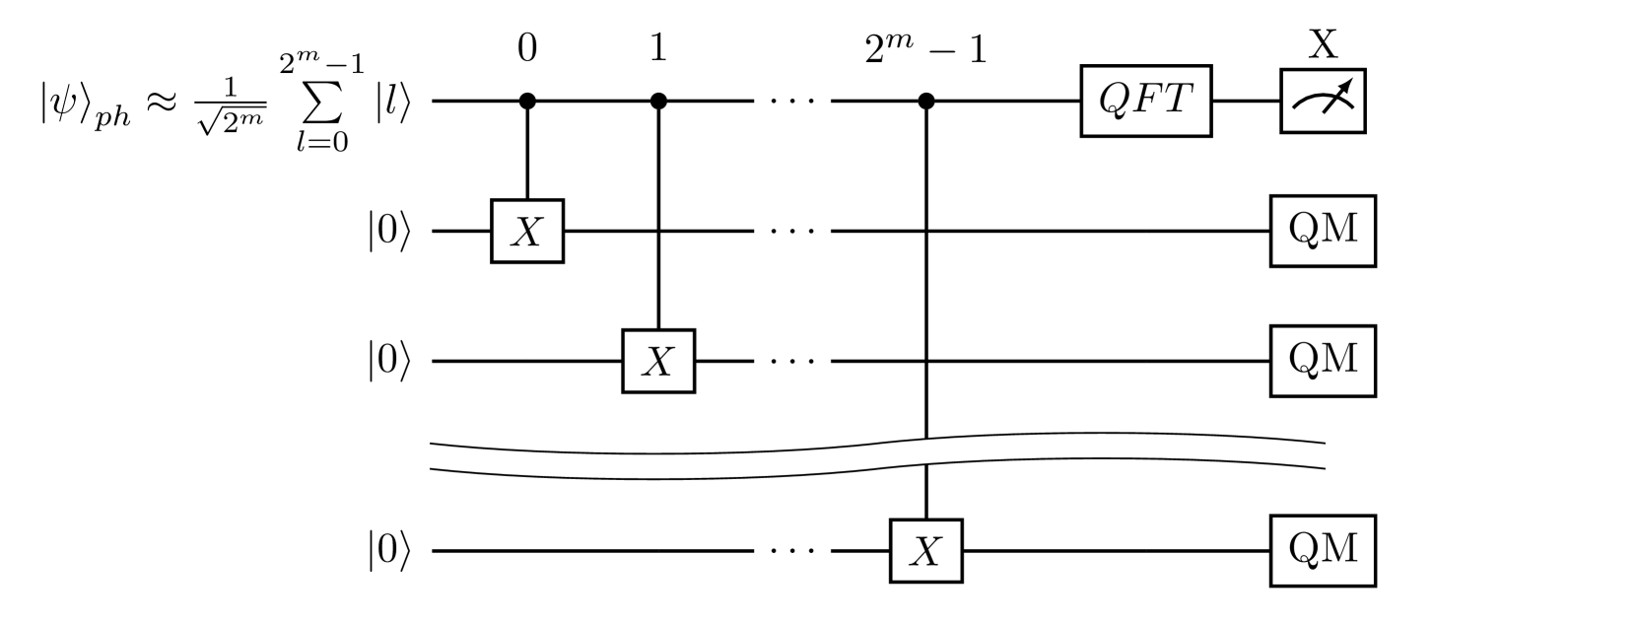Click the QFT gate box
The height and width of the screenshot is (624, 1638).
click(x=1145, y=101)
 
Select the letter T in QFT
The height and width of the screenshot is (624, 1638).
click(x=1177, y=99)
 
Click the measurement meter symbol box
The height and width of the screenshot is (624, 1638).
click(x=1323, y=101)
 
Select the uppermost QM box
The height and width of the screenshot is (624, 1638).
click(x=1323, y=231)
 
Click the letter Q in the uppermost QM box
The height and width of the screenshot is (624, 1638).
click(x=1304, y=230)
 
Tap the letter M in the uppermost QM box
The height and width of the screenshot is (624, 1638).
click(x=1340, y=229)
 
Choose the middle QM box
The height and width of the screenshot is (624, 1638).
click(x=1323, y=361)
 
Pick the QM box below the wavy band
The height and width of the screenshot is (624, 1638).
click(x=1323, y=550)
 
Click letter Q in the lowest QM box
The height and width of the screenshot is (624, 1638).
click(x=1304, y=549)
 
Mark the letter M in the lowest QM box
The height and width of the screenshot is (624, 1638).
click(x=1340, y=548)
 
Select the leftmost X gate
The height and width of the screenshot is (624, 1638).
click(x=527, y=232)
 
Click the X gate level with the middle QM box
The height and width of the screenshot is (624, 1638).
click(x=658, y=361)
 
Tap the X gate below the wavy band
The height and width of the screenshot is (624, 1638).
click(x=926, y=551)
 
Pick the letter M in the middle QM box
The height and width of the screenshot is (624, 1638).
click(x=1340, y=359)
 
